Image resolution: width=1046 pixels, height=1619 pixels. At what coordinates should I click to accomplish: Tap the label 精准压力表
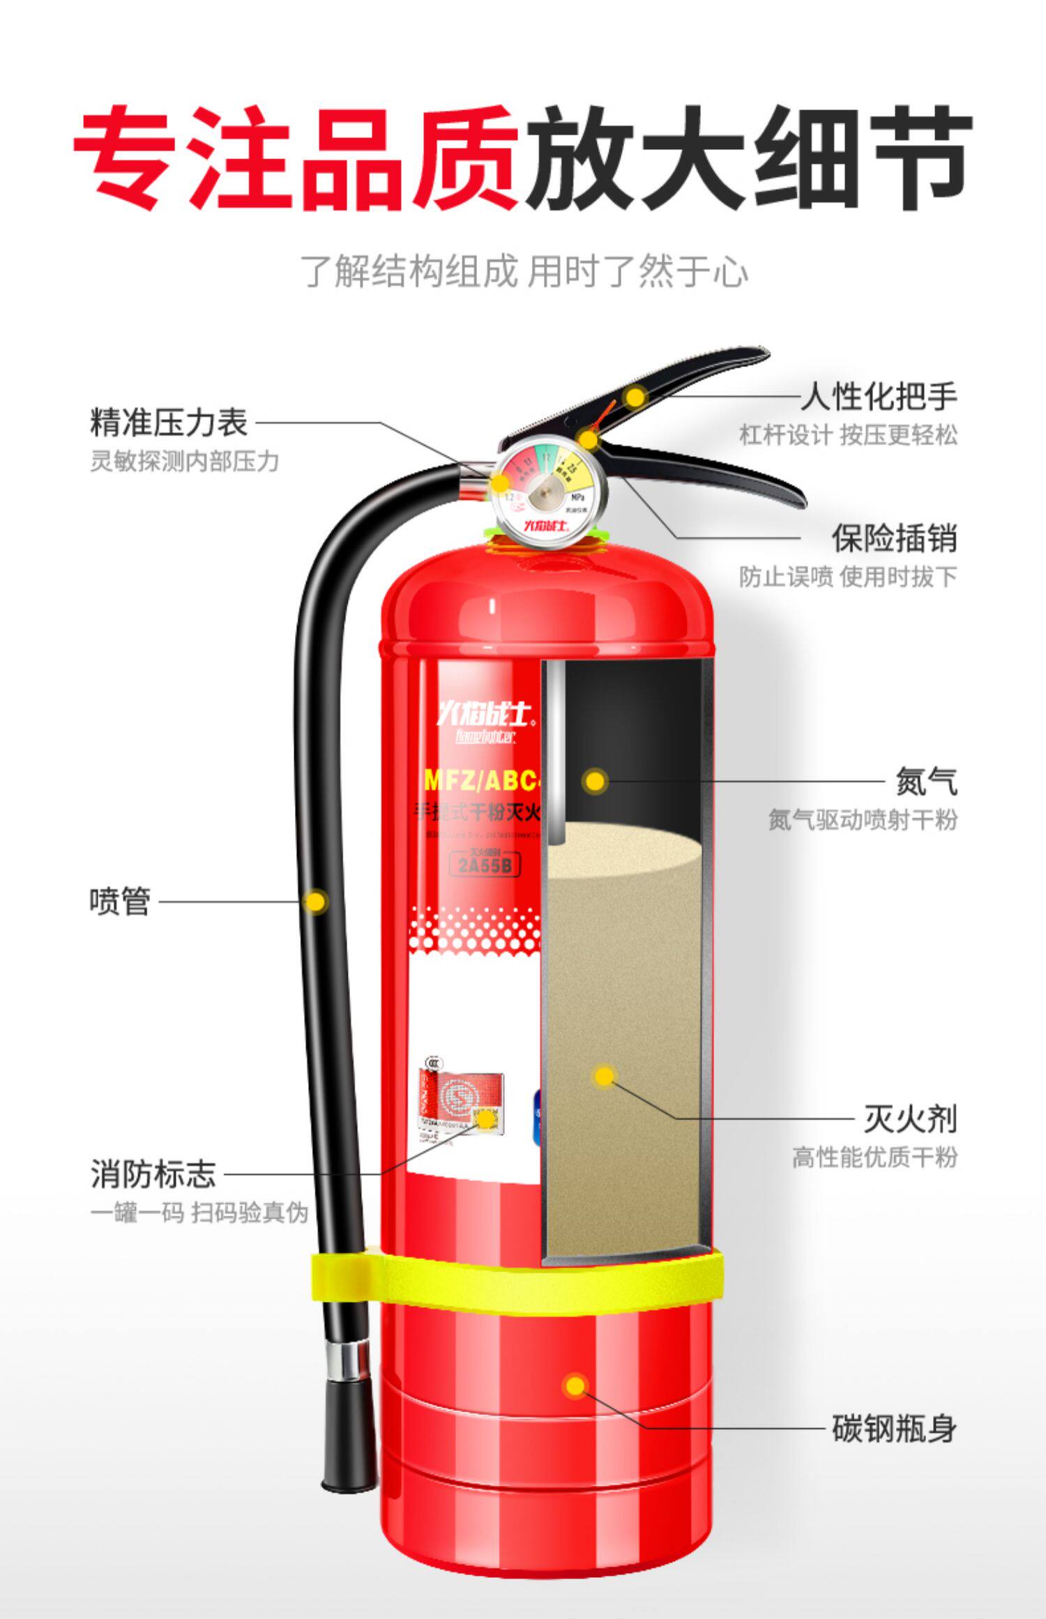pos(169,423)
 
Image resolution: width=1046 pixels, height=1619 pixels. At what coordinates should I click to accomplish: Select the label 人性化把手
pos(878,397)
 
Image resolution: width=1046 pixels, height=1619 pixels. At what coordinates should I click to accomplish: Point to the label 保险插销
pos(893,538)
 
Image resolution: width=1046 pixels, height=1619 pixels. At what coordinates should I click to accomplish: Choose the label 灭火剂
pos(910,1119)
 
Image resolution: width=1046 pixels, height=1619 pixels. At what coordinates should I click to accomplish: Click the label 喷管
pos(119,901)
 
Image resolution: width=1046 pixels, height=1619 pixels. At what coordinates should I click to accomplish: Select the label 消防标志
pos(153,1173)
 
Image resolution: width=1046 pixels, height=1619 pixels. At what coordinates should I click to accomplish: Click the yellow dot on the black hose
pos(316,901)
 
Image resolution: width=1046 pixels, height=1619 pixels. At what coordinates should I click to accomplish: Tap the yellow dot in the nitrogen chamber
pos(595,781)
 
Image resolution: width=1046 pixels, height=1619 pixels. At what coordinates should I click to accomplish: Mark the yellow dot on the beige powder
pos(604,1076)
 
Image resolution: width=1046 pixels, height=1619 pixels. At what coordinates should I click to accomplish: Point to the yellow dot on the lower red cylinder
pos(575,1385)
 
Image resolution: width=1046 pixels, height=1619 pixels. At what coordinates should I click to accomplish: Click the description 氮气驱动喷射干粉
pos(863,819)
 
